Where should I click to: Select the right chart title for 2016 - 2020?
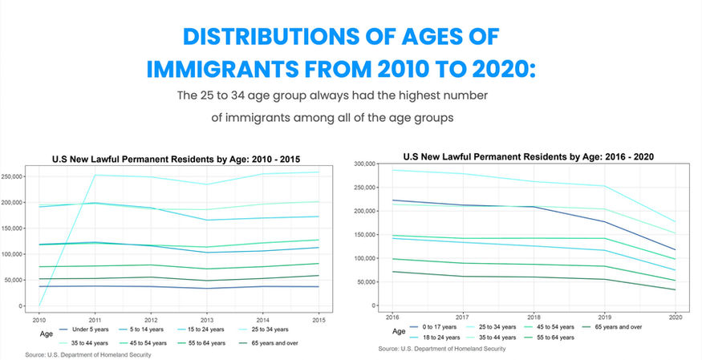click(521, 157)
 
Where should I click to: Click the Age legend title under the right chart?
click(399, 330)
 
